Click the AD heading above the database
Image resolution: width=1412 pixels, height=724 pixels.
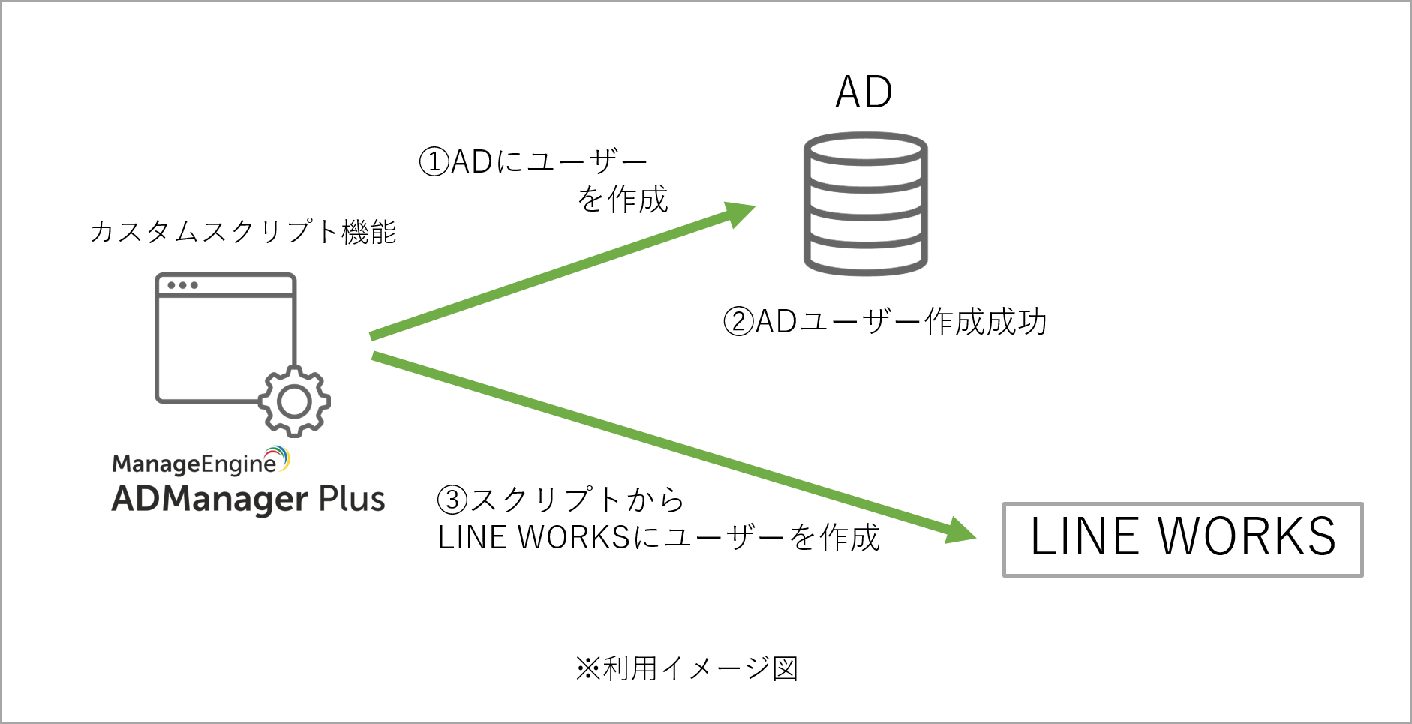[x=864, y=92]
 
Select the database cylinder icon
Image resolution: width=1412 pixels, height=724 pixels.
[x=865, y=203]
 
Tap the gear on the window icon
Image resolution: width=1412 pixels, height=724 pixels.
[x=294, y=401]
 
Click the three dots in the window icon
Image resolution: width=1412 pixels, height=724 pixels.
[x=182, y=285]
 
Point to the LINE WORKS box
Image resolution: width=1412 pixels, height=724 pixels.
[x=1182, y=539]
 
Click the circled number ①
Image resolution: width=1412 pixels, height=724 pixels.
[x=434, y=161]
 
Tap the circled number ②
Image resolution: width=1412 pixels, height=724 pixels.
[x=738, y=322]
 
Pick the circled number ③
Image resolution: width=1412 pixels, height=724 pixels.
[x=452, y=500]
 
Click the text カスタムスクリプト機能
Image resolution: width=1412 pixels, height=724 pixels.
[x=243, y=232]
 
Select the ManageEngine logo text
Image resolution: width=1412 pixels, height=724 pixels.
[x=194, y=464]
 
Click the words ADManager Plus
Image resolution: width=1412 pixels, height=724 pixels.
[x=248, y=500]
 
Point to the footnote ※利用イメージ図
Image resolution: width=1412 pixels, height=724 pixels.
[x=686, y=668]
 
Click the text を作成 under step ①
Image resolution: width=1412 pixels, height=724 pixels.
[x=623, y=200]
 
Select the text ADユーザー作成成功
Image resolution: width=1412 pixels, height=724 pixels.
[x=900, y=322]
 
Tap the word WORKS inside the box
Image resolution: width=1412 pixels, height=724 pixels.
[x=1247, y=537]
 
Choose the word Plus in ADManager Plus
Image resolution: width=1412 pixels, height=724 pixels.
[x=352, y=500]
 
